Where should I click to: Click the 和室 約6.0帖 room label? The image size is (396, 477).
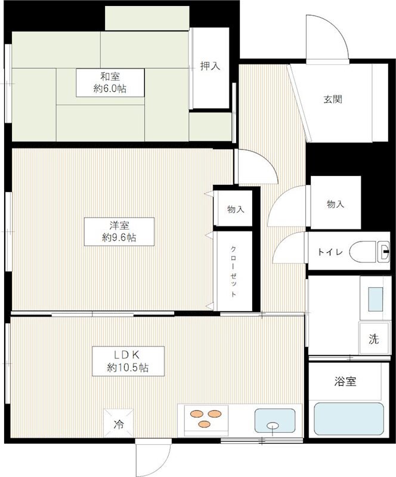point(110,83)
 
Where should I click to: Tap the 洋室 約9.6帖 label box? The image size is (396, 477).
point(119,232)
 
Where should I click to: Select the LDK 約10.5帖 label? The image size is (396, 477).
point(128,361)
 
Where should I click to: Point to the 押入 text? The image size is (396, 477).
point(210,66)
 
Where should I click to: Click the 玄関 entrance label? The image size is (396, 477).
point(333,99)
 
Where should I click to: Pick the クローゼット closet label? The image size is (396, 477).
point(233,271)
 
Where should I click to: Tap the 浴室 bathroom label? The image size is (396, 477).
point(345,381)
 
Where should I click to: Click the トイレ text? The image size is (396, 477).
point(330,252)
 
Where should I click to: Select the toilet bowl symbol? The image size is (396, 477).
point(363,251)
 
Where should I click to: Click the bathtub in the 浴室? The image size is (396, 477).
point(349,419)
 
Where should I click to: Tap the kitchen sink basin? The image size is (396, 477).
point(275,421)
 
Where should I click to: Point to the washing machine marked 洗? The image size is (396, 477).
point(375,338)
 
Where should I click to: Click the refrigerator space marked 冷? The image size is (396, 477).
point(119,423)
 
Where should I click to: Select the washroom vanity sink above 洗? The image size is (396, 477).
point(376,299)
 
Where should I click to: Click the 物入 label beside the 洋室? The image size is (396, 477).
point(236,209)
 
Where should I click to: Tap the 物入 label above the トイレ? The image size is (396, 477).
point(335,204)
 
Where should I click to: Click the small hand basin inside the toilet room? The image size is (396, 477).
point(383,252)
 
